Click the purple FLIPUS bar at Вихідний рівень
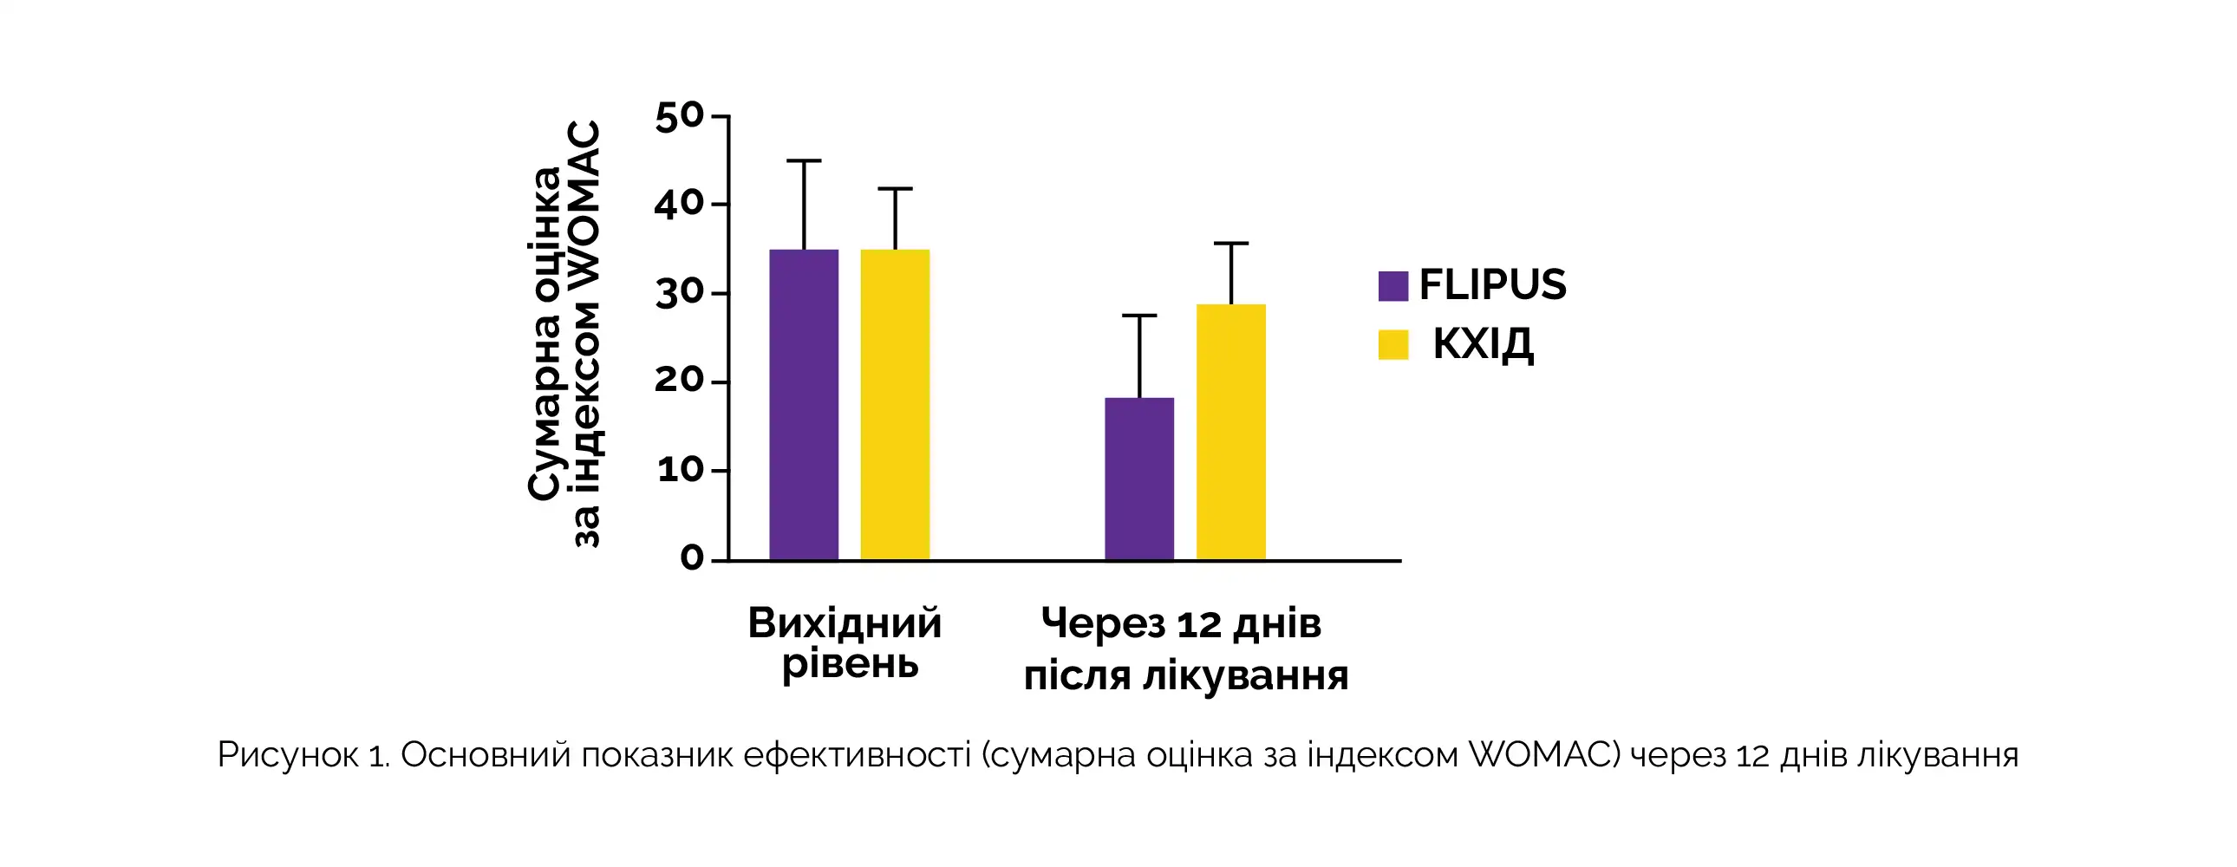[x=803, y=405]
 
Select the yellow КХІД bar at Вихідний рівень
[x=895, y=405]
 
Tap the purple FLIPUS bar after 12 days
[x=1138, y=479]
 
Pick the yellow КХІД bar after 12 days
[x=1230, y=432]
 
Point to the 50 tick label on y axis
[x=679, y=116]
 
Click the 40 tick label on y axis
[x=679, y=205]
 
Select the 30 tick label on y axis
[x=679, y=295]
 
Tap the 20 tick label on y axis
[x=679, y=381]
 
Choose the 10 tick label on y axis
[x=679, y=470]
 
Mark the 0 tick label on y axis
[x=692, y=557]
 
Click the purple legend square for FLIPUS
[x=1392, y=286]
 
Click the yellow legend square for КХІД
[x=1392, y=344]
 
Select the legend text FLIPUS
[x=1492, y=285]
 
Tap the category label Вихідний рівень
[x=845, y=643]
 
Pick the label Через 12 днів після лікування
[x=1184, y=649]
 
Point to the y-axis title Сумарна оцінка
[x=545, y=335]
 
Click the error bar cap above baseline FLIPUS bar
[x=803, y=160]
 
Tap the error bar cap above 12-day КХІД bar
[x=1230, y=244]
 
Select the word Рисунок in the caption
[x=287, y=755]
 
